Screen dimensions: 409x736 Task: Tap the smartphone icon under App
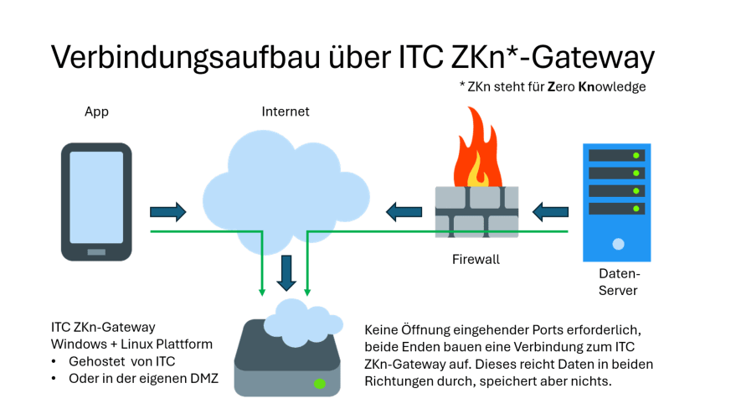[96, 202]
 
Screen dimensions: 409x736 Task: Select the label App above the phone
[96, 111]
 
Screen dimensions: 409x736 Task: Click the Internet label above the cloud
[286, 111]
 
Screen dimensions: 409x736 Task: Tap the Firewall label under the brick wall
[475, 260]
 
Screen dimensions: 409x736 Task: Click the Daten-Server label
[619, 282]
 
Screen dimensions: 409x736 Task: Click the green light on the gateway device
[319, 383]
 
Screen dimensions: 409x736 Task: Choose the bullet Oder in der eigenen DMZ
[143, 378]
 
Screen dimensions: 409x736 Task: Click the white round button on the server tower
[618, 245]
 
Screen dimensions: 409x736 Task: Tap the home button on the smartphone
[96, 251]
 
